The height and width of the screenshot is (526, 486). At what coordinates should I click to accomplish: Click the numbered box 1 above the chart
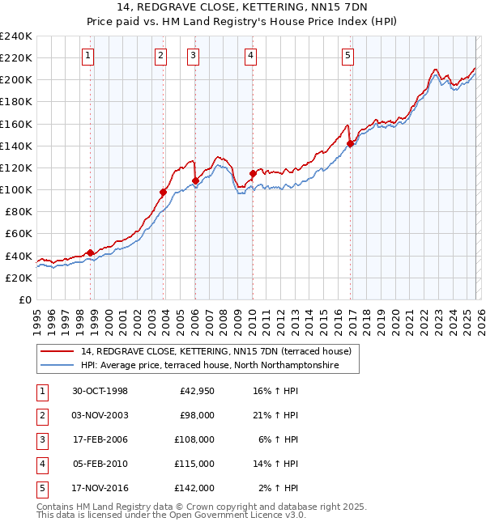click(x=87, y=55)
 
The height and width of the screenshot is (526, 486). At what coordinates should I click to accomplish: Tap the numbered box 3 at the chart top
click(x=194, y=55)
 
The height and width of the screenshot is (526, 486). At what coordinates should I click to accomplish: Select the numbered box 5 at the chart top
click(x=347, y=55)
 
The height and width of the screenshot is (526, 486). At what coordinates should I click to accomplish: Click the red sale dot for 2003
click(x=163, y=192)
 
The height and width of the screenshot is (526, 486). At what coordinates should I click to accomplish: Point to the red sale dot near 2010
click(x=253, y=173)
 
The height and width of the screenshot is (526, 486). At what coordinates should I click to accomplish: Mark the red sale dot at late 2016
click(x=350, y=144)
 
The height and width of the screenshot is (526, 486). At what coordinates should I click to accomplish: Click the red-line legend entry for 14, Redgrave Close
click(x=215, y=351)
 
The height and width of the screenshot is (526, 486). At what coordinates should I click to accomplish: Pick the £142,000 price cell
click(x=194, y=488)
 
